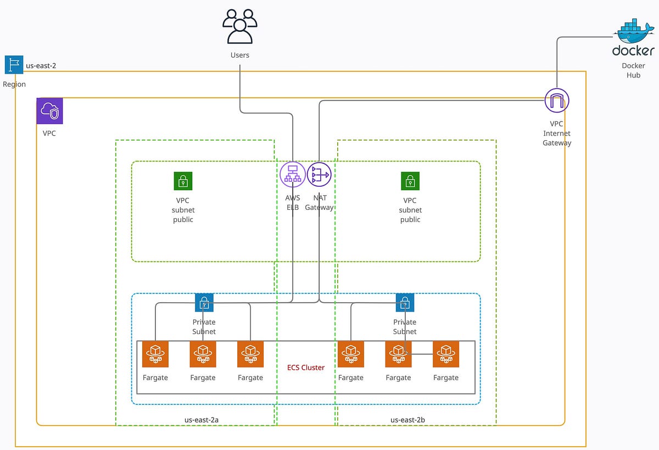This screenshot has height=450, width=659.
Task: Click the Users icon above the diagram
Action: (240, 26)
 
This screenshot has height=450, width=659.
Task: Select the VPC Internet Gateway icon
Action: (557, 101)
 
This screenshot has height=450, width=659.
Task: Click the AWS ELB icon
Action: (292, 175)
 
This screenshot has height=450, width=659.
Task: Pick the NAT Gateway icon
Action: (319, 175)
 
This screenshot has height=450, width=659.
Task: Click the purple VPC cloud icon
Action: (50, 112)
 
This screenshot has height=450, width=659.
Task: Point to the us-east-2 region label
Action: (41, 65)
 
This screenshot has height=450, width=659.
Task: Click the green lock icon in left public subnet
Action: (183, 180)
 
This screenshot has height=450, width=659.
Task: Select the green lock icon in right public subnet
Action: (410, 180)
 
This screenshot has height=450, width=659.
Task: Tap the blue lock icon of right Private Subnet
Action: (405, 302)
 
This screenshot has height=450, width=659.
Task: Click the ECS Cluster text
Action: (306, 368)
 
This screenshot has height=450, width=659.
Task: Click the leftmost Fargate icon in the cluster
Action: (155, 354)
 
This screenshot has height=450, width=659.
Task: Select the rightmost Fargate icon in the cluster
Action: (446, 354)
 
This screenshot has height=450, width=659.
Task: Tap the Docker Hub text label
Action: (633, 70)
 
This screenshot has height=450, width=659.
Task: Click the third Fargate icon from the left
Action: (250, 354)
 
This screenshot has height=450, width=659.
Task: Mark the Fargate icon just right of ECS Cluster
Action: (351, 354)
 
